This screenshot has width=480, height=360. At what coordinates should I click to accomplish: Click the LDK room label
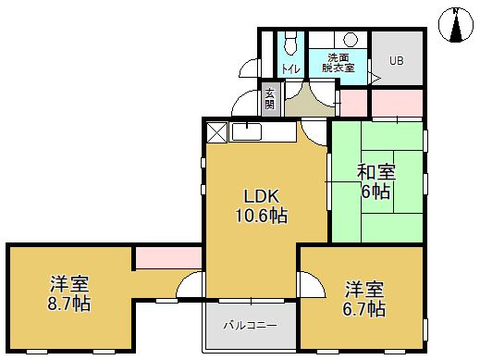261,196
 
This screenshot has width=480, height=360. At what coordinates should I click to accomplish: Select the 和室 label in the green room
377,172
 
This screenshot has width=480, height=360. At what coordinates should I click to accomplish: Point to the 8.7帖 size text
69,303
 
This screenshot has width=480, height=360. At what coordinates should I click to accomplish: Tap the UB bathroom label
396,62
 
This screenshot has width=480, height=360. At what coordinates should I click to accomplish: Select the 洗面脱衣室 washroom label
337,62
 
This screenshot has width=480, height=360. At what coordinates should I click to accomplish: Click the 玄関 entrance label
270,98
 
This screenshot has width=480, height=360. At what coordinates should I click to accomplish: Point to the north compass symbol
456,25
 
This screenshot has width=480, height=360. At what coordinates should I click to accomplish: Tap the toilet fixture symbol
290,42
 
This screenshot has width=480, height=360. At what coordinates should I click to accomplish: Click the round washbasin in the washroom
351,39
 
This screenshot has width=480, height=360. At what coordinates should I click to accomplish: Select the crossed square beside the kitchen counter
216,131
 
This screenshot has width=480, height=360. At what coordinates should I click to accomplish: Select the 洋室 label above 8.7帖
69,283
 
